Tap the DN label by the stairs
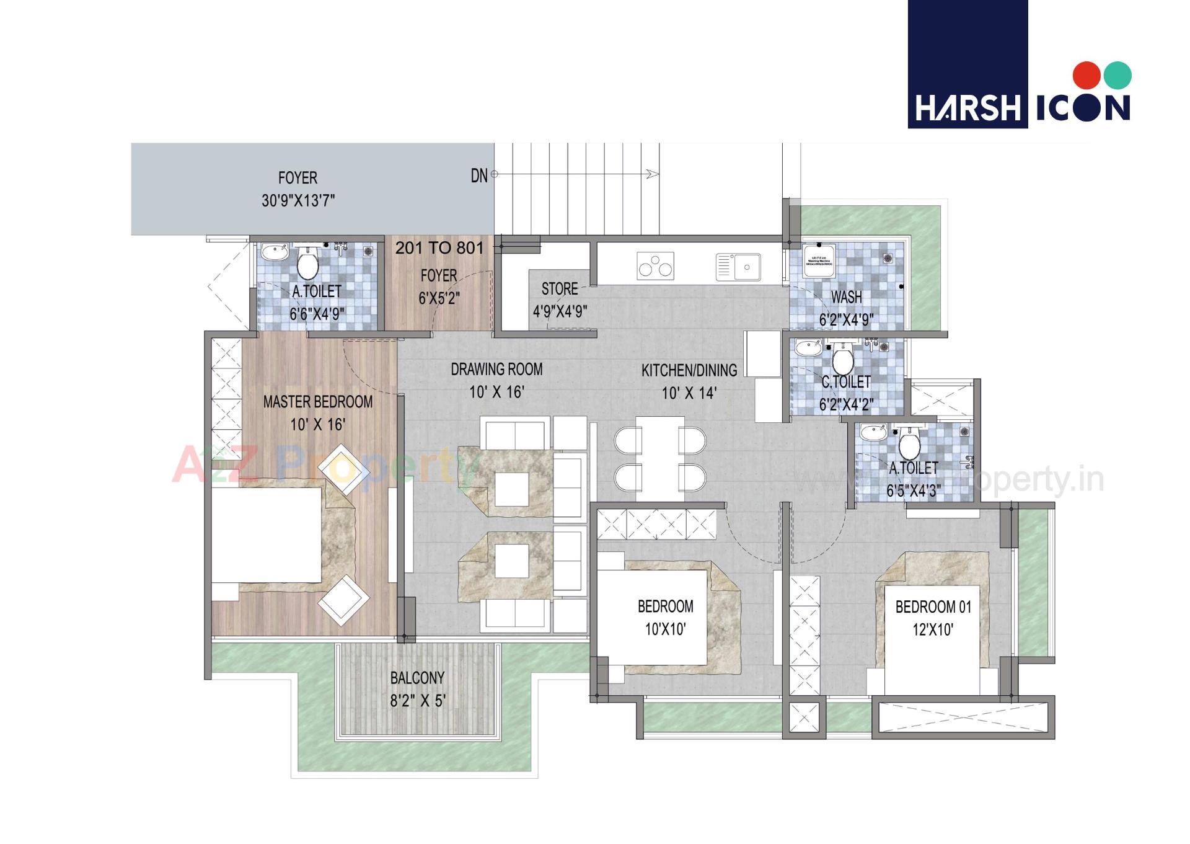(479, 175)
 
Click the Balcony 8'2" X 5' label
(417, 688)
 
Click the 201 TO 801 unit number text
(439, 248)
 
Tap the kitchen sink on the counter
(738, 267)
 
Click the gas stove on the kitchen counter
(655, 266)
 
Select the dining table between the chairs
(659, 458)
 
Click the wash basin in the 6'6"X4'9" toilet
(273, 252)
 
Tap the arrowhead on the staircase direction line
(653, 174)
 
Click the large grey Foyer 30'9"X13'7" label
(297, 189)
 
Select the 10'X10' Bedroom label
(665, 617)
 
